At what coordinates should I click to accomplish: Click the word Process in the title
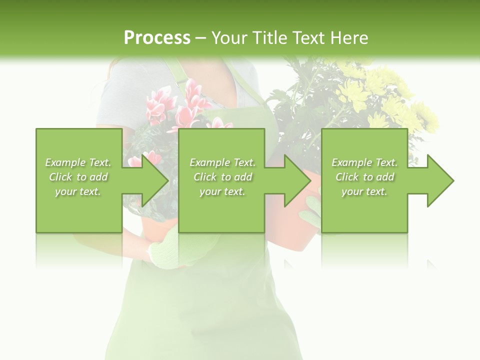pos(157,38)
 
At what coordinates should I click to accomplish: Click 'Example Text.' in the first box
pos(78,162)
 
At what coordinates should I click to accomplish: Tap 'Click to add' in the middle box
pos(222,177)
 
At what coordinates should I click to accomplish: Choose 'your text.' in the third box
pos(364,191)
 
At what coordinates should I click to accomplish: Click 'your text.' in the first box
pos(78,191)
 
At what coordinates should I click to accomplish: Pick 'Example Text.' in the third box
pos(364,162)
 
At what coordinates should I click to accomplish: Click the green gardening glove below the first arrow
pos(170,250)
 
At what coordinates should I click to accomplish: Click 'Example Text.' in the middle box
pos(222,162)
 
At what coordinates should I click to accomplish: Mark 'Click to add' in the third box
pos(364,177)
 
